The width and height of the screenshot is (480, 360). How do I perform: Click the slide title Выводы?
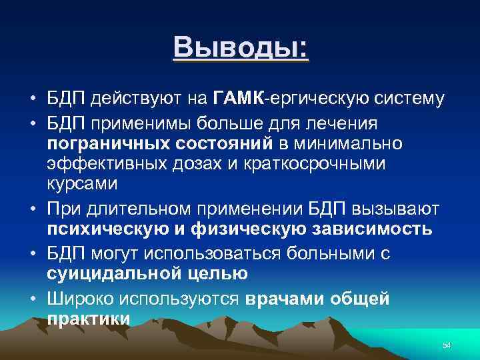coord(241,48)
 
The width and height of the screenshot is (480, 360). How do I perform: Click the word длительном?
coord(139,209)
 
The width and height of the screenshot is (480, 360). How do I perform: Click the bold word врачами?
coord(284,299)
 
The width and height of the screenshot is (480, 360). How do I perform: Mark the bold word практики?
coord(89,319)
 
